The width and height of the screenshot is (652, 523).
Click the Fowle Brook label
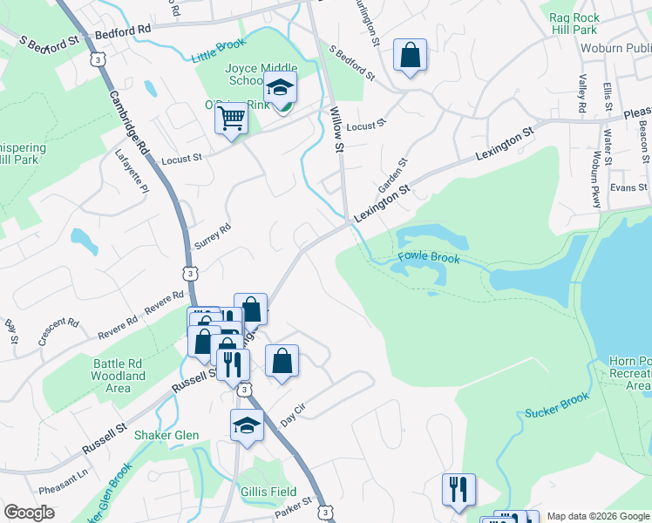[x=428, y=257]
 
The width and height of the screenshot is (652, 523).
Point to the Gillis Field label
[x=268, y=492]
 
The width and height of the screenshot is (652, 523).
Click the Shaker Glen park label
[x=166, y=435]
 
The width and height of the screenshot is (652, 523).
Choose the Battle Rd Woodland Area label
[x=118, y=370]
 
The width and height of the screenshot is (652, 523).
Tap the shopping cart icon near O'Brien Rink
[x=231, y=118]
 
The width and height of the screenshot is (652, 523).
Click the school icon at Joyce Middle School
[x=281, y=87]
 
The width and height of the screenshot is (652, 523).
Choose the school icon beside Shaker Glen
[x=247, y=426]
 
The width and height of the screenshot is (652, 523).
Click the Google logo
[x=30, y=513]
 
